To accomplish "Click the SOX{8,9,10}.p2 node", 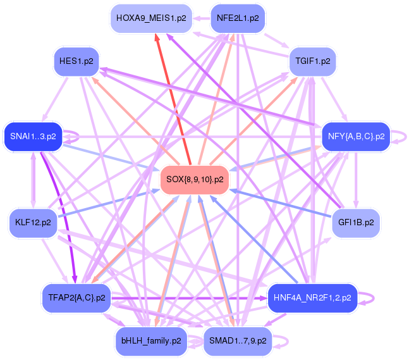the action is tap(194, 180).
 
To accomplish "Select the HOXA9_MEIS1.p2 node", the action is tap(150, 18).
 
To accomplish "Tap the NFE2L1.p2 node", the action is tap(237, 18).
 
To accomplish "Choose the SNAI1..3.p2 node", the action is tap(34, 136).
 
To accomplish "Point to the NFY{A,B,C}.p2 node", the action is tap(356, 136).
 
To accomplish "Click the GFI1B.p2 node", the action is tap(355, 223).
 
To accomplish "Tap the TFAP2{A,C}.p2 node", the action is tap(76, 297).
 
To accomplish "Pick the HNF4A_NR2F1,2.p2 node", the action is tap(312, 297).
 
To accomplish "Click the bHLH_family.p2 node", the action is tap(150, 340).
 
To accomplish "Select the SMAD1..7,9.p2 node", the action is tap(237, 340).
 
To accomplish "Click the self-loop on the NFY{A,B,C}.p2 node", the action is tap(401, 136).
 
